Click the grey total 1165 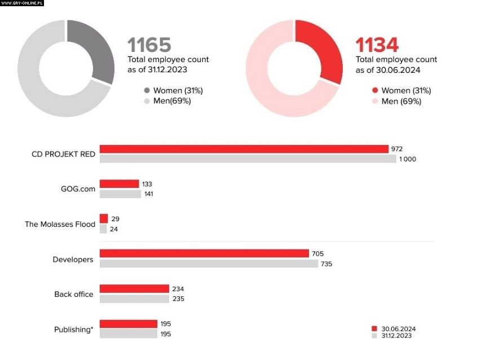149,45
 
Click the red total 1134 377,45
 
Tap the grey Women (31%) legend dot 147,90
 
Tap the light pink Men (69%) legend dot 375,101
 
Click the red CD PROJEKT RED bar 244,149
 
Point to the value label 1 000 407,159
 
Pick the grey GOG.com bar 120,194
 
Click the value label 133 147,184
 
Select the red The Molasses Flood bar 104,218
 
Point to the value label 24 114,229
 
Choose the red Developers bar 204,253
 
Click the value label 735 326,264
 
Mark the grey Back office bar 134,298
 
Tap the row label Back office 74,294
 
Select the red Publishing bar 129,324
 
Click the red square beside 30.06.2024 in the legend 374,328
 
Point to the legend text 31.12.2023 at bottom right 396,336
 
